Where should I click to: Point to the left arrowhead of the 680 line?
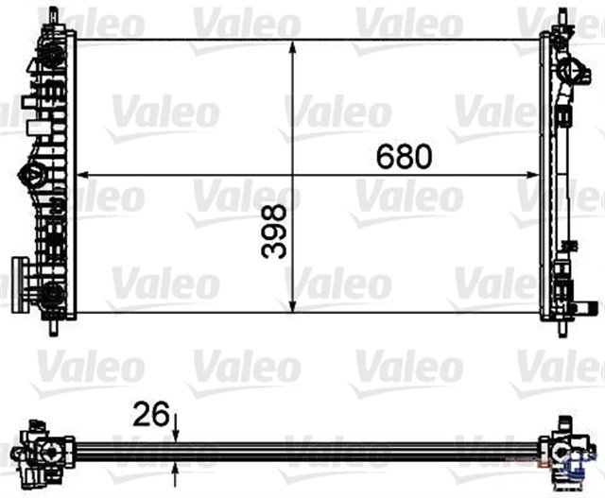tap(82, 175)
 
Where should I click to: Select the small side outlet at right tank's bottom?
tap(587, 306)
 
